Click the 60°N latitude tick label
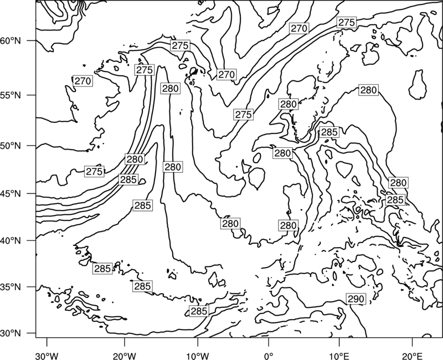[x=11, y=40]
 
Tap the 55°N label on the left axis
[x=11, y=95]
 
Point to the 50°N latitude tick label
[x=11, y=146]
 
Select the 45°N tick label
[x=11, y=193]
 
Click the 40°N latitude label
[x=11, y=241]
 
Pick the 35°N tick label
[x=11, y=287]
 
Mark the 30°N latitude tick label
[x=11, y=333]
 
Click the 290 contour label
[x=356, y=299]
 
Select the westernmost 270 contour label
[x=83, y=81]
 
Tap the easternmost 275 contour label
[x=347, y=22]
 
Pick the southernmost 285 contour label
[x=199, y=311]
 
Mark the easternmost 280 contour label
[x=398, y=183]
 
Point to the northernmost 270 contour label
[x=299, y=28]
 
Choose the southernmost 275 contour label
[x=94, y=172]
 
